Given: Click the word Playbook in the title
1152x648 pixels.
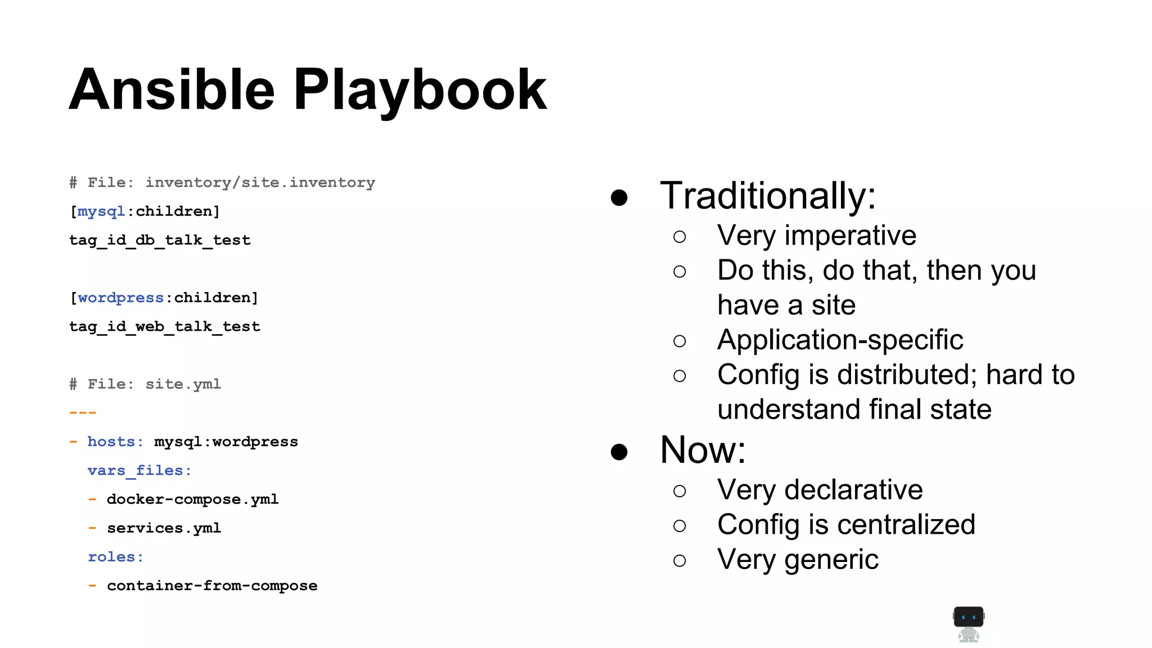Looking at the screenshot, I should pos(420,90).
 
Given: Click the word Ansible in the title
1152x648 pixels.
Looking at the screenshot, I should pos(172,90).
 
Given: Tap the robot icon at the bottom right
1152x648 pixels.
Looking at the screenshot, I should pos(968,624).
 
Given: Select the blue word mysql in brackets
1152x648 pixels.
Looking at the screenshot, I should pos(101,211).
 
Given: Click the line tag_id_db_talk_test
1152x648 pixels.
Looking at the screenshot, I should pos(160,240).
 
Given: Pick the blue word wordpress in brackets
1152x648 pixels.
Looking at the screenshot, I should pos(120,298).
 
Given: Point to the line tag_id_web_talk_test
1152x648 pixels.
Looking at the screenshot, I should pos(164,327).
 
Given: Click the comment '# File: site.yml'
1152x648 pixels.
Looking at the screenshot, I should pos(145,384).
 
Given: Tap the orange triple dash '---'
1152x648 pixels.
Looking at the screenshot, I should pos(83,413).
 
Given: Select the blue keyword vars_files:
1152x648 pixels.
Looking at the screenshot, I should pos(139,471).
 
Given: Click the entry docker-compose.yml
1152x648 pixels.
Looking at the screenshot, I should pos(192,499).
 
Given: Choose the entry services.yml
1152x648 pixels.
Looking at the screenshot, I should pos(164,528).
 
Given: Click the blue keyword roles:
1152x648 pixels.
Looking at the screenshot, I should pos(115,557).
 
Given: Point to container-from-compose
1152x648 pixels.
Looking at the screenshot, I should pos(212,586).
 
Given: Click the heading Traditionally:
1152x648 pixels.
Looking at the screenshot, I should pos(768,196).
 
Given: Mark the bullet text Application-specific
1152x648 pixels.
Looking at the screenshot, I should pos(840,340).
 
